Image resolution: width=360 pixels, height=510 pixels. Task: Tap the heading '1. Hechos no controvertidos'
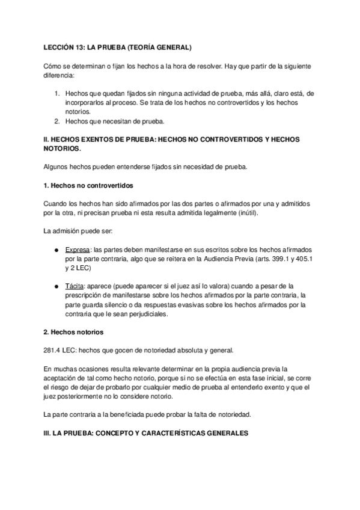[88, 185]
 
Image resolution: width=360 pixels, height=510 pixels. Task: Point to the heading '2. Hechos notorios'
[74, 332]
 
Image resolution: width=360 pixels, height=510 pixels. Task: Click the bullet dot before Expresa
[56, 250]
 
